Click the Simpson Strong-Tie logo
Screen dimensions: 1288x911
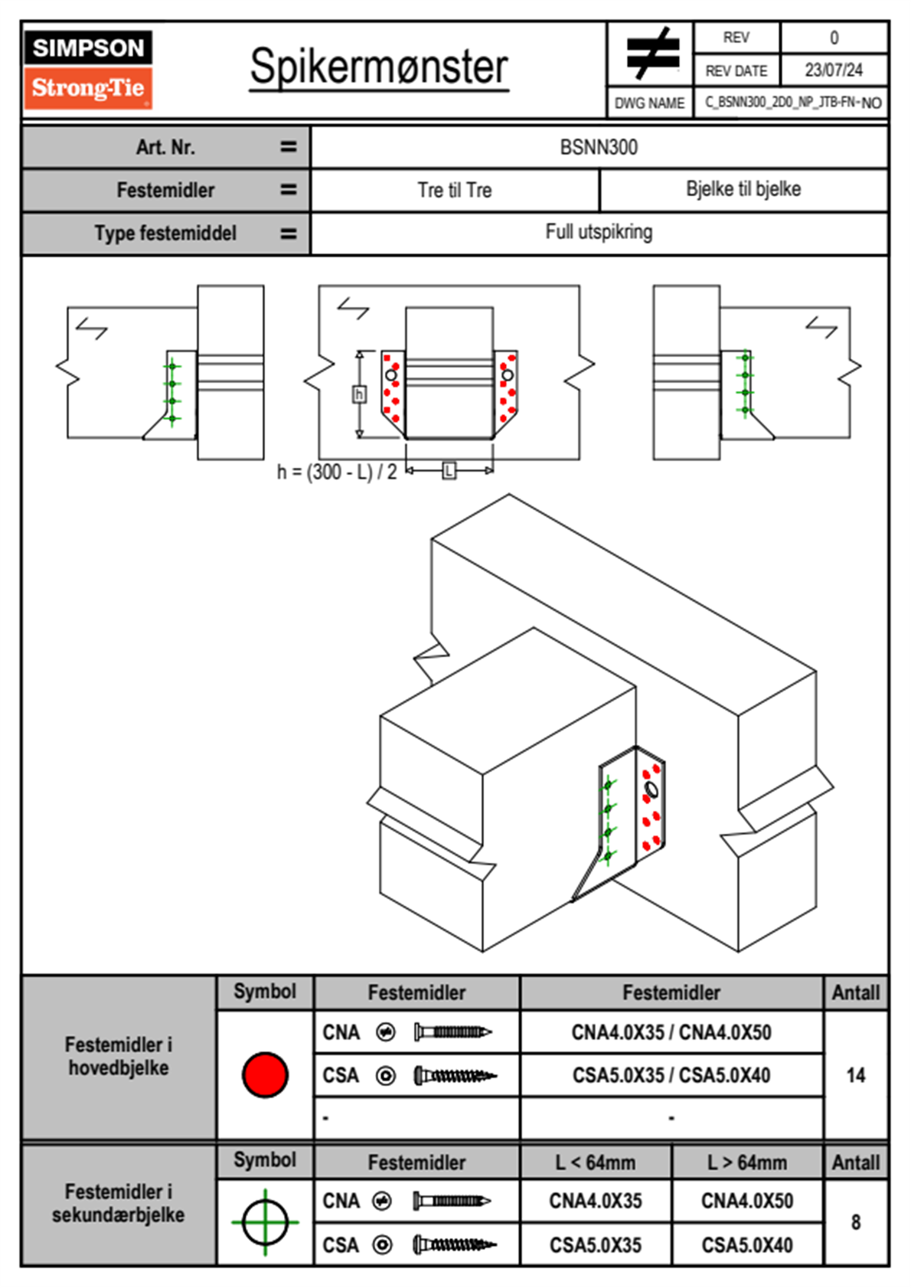[88, 70]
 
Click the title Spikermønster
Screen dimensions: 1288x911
[379, 67]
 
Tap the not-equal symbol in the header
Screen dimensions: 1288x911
[651, 54]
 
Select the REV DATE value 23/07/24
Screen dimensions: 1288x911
[833, 70]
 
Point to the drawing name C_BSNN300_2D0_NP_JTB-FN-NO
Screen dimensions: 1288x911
[792, 103]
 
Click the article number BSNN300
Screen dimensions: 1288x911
[599, 147]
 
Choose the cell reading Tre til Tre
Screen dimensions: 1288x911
[455, 190]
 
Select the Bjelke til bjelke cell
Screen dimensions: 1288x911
[743, 189]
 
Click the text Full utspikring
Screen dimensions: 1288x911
[599, 232]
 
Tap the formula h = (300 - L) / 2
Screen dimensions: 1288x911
[337, 472]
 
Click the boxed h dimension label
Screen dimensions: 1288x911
[359, 394]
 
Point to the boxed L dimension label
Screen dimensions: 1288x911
[449, 470]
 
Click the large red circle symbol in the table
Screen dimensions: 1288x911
[265, 1074]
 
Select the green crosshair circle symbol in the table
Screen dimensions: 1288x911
[265, 1222]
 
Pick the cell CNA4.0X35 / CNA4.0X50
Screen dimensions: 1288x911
[671, 1032]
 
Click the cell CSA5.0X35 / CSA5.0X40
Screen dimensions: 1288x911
[671, 1075]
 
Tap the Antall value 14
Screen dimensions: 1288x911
[856, 1075]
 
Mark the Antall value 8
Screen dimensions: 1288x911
[856, 1222]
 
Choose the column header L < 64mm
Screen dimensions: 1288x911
[596, 1162]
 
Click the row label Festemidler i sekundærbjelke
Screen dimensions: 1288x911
[119, 1203]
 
